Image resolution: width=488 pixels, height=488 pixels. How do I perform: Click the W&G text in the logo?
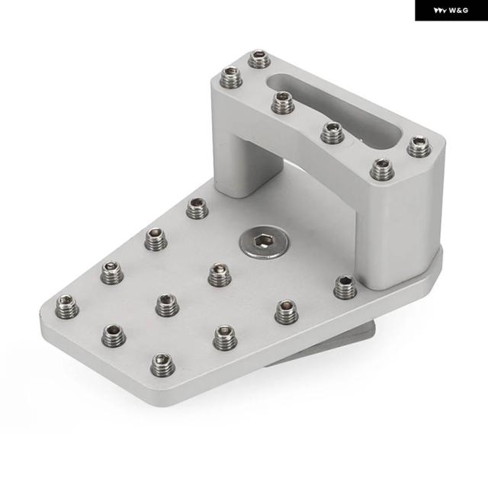pyautogui.click(x=458, y=11)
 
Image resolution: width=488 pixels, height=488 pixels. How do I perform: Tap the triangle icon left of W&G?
pyautogui.click(x=441, y=11)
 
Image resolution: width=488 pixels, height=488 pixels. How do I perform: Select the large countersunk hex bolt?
pyautogui.click(x=265, y=242)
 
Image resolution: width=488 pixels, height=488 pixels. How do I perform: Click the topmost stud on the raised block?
pyautogui.click(x=259, y=59)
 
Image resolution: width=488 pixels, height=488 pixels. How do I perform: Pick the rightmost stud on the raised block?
pyautogui.click(x=419, y=146)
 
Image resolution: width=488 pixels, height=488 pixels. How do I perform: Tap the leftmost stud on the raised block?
pyautogui.click(x=232, y=78)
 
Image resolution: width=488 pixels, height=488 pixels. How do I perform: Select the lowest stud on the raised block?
pyautogui.click(x=382, y=169)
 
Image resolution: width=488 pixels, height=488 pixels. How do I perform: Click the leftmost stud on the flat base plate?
pyautogui.click(x=67, y=307)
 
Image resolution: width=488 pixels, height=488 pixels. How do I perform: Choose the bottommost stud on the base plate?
pyautogui.click(x=162, y=364)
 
